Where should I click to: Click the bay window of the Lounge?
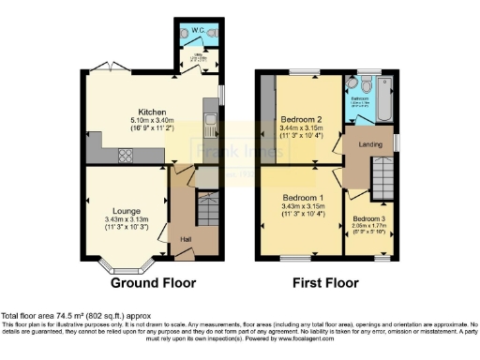(123, 266)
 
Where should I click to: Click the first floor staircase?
(381, 174)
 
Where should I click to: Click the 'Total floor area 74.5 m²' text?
(57, 316)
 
